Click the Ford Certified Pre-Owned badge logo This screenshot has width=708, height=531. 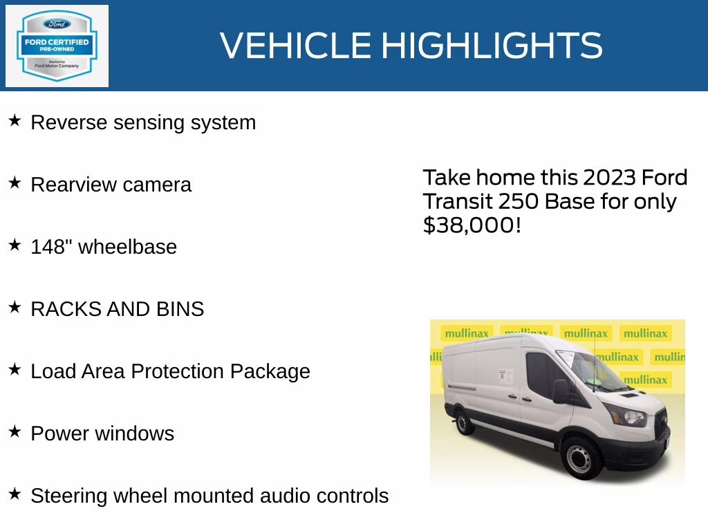57,46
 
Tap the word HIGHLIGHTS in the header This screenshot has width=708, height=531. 492,46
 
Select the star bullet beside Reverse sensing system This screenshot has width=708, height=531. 15,121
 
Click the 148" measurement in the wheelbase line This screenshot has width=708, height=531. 51,247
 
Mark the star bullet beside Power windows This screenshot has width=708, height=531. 15,432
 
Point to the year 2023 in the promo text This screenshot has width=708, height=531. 609,178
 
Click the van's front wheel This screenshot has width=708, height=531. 579,458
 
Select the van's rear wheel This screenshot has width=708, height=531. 464,421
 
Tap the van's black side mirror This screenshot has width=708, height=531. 561,391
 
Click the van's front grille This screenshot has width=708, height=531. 660,418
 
